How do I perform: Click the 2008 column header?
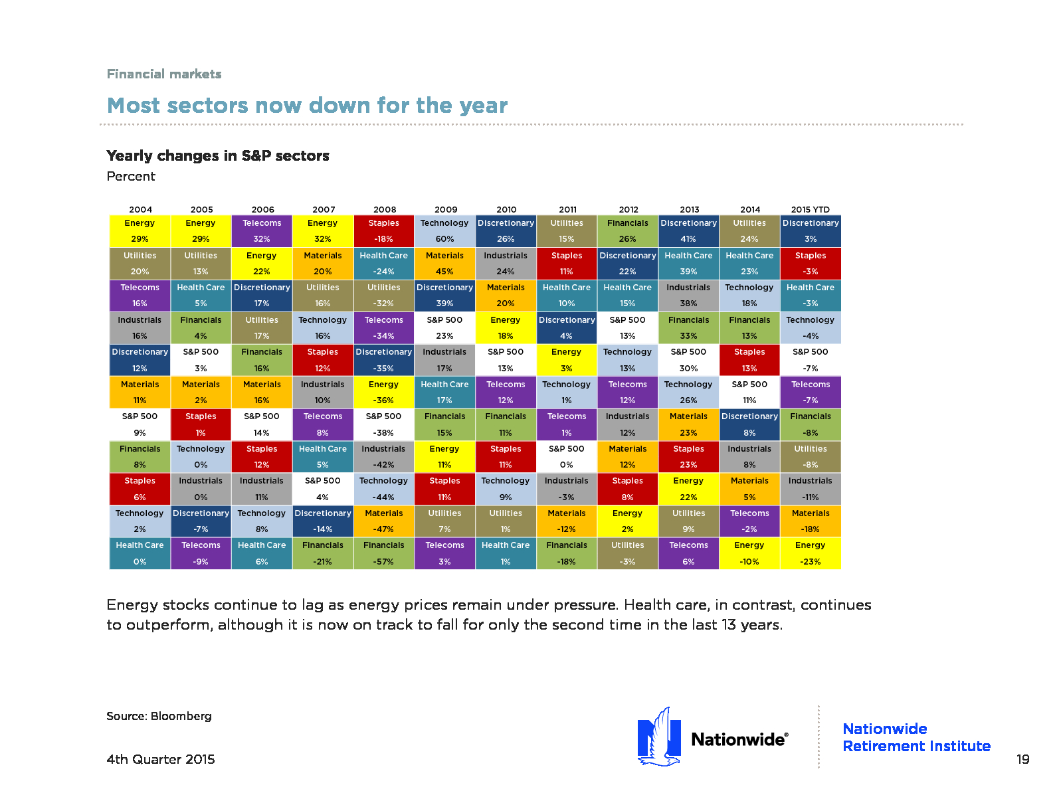[385, 209]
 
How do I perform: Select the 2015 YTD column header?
[810, 209]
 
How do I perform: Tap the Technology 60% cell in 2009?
[444, 231]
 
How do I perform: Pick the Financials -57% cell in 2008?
[383, 553]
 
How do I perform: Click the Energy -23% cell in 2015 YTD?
[810, 553]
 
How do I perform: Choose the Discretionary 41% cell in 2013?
[688, 231]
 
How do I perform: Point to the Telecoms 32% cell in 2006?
[262, 231]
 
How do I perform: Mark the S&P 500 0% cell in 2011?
[566, 456]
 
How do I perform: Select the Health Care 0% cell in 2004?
[140, 553]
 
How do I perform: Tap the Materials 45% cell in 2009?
[444, 263]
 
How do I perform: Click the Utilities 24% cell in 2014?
[749, 231]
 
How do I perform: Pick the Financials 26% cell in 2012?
[627, 231]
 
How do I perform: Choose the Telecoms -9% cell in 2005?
[201, 553]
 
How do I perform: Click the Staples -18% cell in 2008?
[383, 231]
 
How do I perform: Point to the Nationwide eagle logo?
[659, 737]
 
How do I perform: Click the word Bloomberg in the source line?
[181, 716]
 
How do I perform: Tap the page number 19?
[1022, 759]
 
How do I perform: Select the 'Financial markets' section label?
[163, 74]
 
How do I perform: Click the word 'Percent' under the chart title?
[131, 176]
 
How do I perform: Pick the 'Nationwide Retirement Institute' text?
[916, 737]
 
